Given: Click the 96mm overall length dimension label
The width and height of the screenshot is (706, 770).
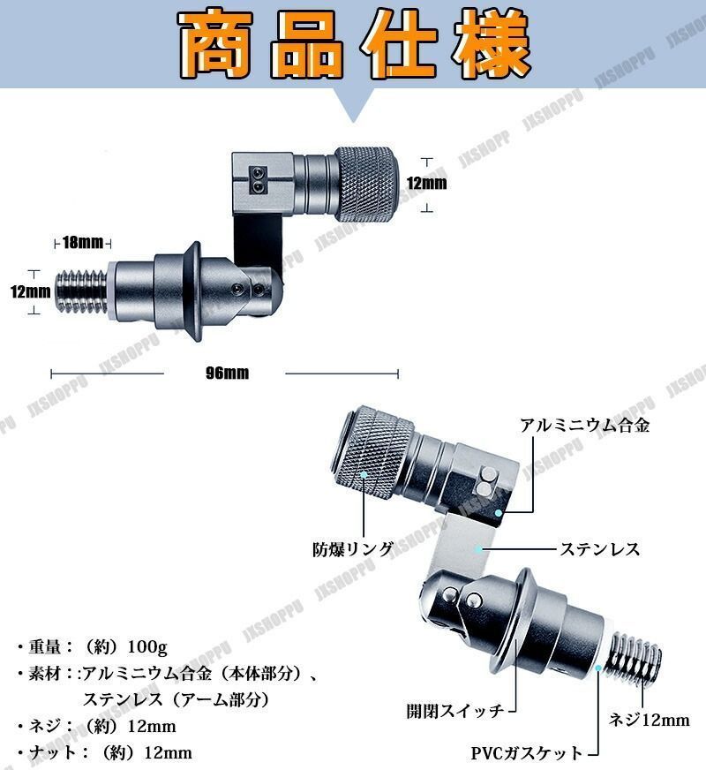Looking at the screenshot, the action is (x=227, y=373).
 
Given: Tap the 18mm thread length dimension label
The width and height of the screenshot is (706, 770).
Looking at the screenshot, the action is (x=83, y=242).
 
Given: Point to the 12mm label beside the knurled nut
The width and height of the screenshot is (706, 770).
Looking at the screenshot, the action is (x=427, y=183).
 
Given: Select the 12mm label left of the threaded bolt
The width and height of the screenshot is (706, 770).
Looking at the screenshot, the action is (x=30, y=291).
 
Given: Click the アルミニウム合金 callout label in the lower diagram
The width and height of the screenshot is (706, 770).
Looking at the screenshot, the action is (x=585, y=425).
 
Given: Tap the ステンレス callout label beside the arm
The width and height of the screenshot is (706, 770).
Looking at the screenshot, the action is (x=600, y=549).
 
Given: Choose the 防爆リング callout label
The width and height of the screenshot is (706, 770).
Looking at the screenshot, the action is (x=353, y=549).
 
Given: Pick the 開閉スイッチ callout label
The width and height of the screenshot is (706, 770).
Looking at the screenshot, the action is (x=455, y=711).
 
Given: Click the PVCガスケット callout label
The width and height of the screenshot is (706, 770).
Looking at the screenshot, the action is (x=527, y=753).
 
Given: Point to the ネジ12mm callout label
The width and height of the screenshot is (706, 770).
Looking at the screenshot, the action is (x=650, y=720).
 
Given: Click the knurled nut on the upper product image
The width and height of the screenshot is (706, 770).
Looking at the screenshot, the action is (x=365, y=183).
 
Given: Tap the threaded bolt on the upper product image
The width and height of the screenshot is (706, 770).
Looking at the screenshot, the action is (x=82, y=291).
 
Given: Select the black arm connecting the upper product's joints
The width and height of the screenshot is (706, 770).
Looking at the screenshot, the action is (x=259, y=243).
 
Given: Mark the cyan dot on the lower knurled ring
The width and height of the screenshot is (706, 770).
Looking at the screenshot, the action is (x=364, y=474).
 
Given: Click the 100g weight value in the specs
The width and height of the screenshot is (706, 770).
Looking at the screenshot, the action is (x=147, y=646).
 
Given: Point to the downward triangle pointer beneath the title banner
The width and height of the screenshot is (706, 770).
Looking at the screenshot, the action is (x=353, y=106).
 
